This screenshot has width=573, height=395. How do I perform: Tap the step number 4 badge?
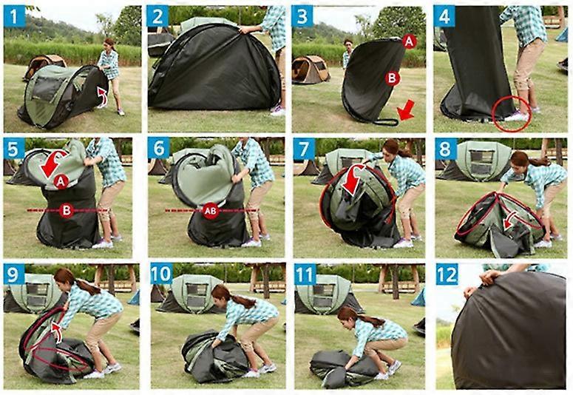[444, 16]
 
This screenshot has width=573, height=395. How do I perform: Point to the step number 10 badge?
[160, 274]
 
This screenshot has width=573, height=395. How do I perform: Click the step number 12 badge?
[446, 274]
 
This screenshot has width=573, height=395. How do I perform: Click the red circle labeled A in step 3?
[408, 43]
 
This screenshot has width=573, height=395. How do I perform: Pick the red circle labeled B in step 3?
[392, 78]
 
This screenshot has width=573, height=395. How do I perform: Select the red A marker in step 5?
[61, 180]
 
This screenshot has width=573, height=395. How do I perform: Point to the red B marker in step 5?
[66, 211]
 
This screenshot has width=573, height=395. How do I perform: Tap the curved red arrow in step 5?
[52, 162]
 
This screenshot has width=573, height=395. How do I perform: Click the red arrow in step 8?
[509, 220]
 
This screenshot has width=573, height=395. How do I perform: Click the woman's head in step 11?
[347, 316]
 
